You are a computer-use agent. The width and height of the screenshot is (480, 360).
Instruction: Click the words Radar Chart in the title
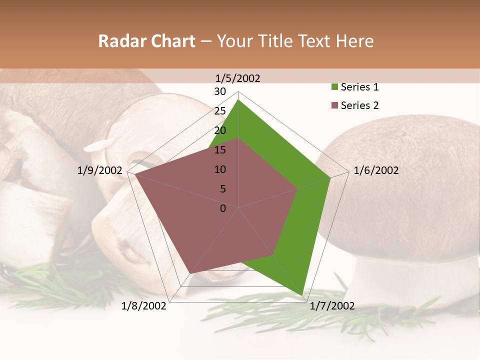point(146,41)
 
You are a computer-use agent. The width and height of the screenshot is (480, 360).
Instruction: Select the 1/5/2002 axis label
point(238,78)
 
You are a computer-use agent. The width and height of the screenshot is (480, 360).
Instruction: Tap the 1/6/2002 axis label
point(376,170)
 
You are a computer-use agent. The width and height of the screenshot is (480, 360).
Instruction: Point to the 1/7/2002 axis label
point(332,306)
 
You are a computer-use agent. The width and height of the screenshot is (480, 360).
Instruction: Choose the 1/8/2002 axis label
point(144,306)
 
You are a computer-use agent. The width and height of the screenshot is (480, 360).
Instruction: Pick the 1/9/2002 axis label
point(100,170)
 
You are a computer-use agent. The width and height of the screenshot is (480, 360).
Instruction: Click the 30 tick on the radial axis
point(220,91)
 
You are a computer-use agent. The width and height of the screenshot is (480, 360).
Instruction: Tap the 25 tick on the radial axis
point(220,111)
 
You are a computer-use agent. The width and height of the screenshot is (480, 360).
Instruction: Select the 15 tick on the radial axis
point(220,150)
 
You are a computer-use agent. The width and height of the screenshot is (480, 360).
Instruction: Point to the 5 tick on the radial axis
point(223,189)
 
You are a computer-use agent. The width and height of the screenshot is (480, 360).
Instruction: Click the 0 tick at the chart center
point(223,208)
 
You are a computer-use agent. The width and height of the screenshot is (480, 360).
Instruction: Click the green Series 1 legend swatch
point(334,87)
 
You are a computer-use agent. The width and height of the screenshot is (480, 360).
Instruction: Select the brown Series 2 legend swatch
point(334,105)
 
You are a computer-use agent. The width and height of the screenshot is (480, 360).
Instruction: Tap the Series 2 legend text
point(359,105)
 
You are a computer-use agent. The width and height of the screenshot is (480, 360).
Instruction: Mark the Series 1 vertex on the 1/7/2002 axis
point(303,295)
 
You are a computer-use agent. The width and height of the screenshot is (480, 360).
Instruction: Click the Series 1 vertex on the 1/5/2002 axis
point(238,100)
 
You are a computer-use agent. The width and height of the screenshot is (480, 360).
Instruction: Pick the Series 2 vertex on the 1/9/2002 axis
point(135,175)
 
